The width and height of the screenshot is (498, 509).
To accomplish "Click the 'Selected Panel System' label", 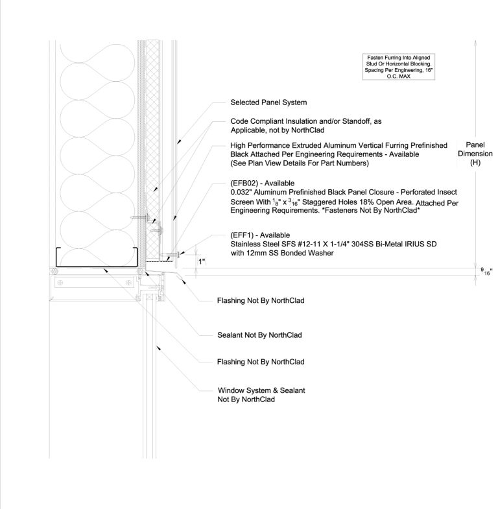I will (268, 102).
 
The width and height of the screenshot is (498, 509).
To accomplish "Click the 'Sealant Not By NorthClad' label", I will (259, 335).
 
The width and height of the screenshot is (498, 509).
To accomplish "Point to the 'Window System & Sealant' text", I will (261, 390).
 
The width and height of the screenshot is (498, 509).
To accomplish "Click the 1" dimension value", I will (202, 261).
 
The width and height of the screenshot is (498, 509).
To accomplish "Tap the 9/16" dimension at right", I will (486, 271).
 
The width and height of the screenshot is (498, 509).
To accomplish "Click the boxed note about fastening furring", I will (399, 67).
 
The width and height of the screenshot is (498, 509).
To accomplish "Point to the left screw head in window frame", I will (60, 282).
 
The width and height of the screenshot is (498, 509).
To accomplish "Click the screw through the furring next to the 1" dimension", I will (173, 253).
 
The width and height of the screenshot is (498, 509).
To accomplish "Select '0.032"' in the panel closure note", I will (243, 193).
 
